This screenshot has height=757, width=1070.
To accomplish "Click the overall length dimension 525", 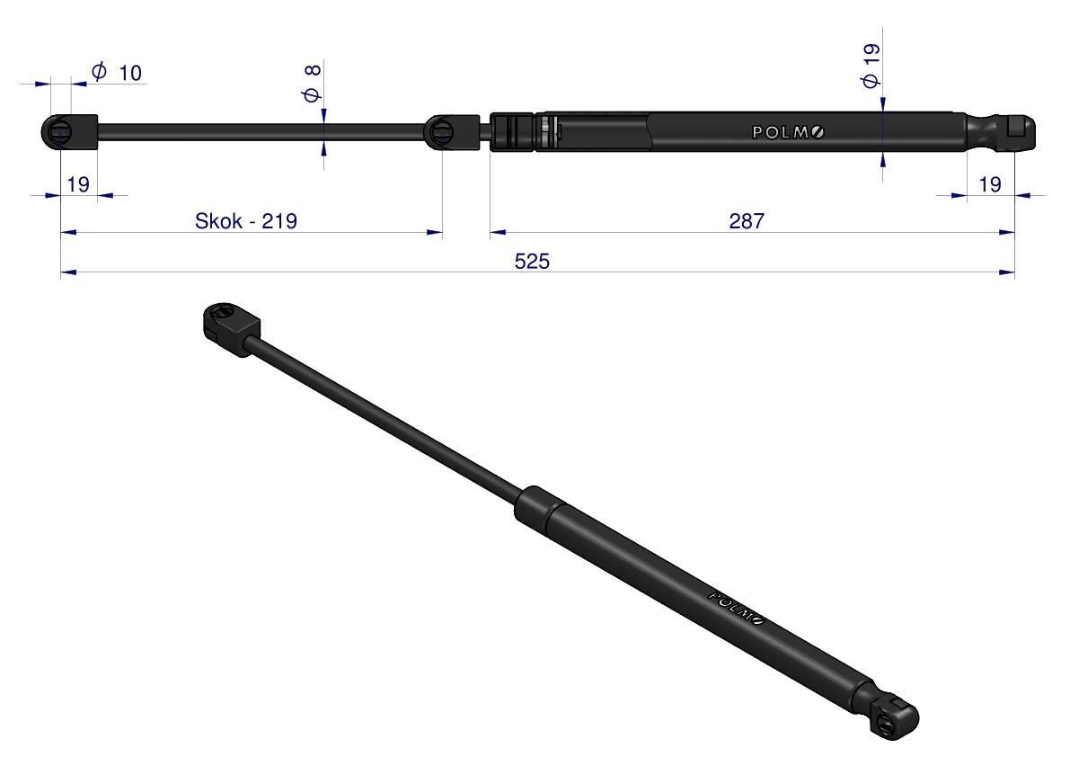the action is tap(532, 262).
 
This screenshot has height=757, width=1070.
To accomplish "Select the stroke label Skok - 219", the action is tap(245, 221).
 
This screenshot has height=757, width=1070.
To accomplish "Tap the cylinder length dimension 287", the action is tap(747, 221).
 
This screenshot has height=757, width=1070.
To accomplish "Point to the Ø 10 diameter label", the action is tap(117, 72).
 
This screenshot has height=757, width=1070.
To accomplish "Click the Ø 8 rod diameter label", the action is tap(312, 84).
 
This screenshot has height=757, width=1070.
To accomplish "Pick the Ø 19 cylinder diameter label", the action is tap(871, 67).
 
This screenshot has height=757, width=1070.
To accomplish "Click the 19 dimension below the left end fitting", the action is tap(78, 184).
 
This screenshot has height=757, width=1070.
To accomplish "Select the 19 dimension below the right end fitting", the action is tap(989, 184).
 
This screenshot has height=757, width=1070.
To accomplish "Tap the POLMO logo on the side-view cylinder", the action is tap(788, 132).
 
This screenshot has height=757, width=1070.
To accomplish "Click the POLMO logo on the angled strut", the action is tap(737, 608).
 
